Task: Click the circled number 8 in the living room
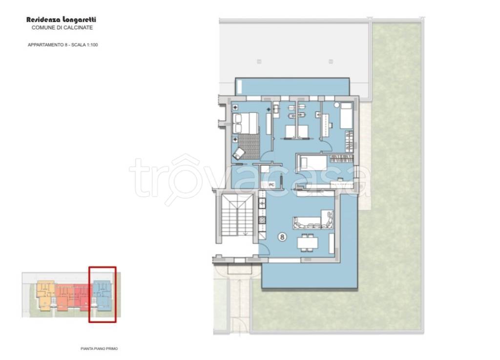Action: pyautogui.click(x=282, y=237)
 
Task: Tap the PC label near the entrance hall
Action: pyautogui.click(x=271, y=185)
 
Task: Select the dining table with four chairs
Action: pyautogui.click(x=308, y=243)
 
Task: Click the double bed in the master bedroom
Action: pyautogui.click(x=246, y=123)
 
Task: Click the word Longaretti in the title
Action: pyautogui.click(x=80, y=20)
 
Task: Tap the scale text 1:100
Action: pyautogui.click(x=92, y=45)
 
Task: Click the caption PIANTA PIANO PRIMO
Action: pyautogui.click(x=99, y=349)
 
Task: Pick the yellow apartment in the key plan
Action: pyautogui.click(x=45, y=295)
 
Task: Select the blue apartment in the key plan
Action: pyautogui.click(x=102, y=295)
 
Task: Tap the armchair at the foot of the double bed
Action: pyautogui.click(x=238, y=154)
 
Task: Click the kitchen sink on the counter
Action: pyautogui.click(x=262, y=203)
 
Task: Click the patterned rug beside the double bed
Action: pyautogui.click(x=249, y=146)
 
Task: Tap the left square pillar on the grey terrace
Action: pyautogui.click(x=259, y=62)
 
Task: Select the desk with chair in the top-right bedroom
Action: pyautogui.click(x=326, y=125)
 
